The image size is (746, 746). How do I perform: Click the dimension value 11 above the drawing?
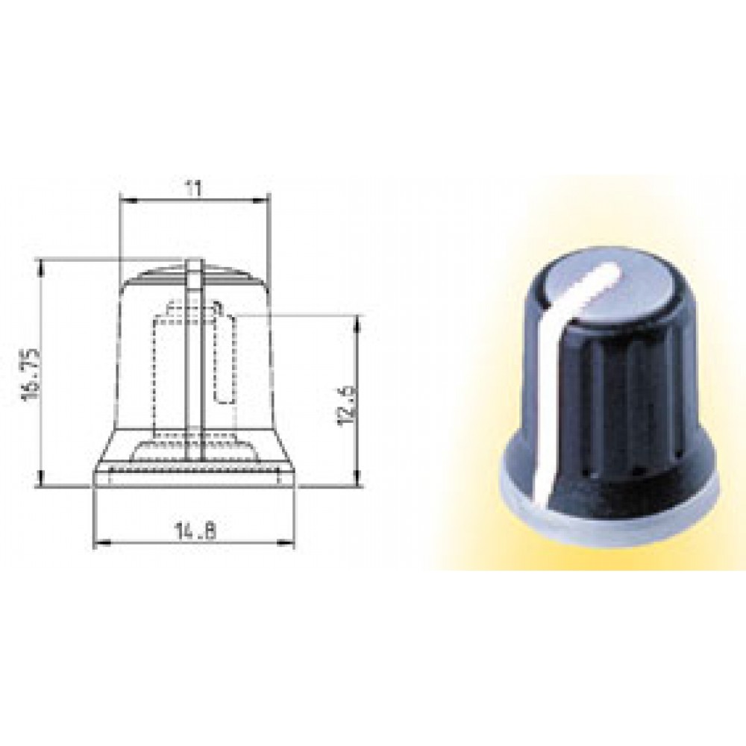(194, 189)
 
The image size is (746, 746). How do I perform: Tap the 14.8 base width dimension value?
(195, 531)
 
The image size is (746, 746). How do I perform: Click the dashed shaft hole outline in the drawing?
(224, 358)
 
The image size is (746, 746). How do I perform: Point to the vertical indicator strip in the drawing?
(194, 358)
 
